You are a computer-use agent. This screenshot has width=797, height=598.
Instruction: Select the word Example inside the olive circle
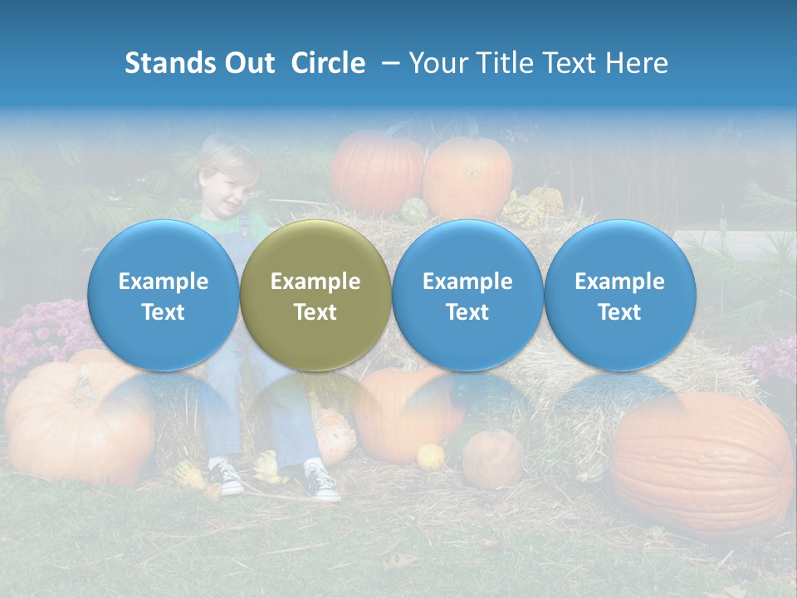point(315,282)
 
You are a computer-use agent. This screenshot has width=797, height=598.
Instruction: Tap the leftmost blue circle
point(164,295)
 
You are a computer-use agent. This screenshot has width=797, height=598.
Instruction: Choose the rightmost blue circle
point(619,295)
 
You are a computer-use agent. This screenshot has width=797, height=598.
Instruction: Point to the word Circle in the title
point(328,63)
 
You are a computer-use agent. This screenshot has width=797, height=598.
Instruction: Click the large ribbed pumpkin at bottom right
point(702,465)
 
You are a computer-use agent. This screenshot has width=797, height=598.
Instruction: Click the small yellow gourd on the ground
point(430,456)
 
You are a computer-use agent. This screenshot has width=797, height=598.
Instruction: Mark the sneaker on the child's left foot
point(322,481)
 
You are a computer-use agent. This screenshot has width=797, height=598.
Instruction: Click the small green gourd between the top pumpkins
point(414,210)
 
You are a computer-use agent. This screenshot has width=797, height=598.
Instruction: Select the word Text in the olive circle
point(315,312)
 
